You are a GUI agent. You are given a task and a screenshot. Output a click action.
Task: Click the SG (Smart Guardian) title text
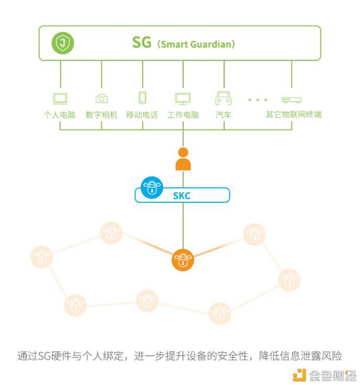(x=183, y=44)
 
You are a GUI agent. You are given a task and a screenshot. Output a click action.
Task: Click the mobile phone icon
(x=142, y=98)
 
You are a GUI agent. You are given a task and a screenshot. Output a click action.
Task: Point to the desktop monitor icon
(x=183, y=98)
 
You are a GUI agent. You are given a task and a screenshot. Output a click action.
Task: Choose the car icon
(x=223, y=98)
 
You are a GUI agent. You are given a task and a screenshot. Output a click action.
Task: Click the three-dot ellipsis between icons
(x=257, y=100)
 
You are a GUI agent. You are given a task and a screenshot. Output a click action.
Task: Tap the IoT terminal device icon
(x=292, y=100)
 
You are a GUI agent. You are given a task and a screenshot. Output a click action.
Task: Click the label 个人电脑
(x=60, y=115)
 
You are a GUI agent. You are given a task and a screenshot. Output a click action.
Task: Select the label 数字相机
(x=101, y=115)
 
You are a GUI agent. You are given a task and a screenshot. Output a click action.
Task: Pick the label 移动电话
(x=142, y=115)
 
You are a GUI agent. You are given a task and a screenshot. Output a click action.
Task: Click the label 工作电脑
(x=183, y=115)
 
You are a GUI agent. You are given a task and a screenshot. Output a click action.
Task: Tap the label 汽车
(x=223, y=115)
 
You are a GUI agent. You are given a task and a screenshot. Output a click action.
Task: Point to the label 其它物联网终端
(x=293, y=115)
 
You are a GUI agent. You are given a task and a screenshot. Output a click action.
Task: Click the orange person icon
(x=183, y=160)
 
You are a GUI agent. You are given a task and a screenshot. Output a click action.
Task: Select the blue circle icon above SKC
(x=152, y=187)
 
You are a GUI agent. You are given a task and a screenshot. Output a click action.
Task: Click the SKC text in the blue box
(x=182, y=195)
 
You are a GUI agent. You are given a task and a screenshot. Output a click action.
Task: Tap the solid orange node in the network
(x=183, y=260)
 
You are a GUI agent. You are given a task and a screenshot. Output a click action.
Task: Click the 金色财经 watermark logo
(x=324, y=375)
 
